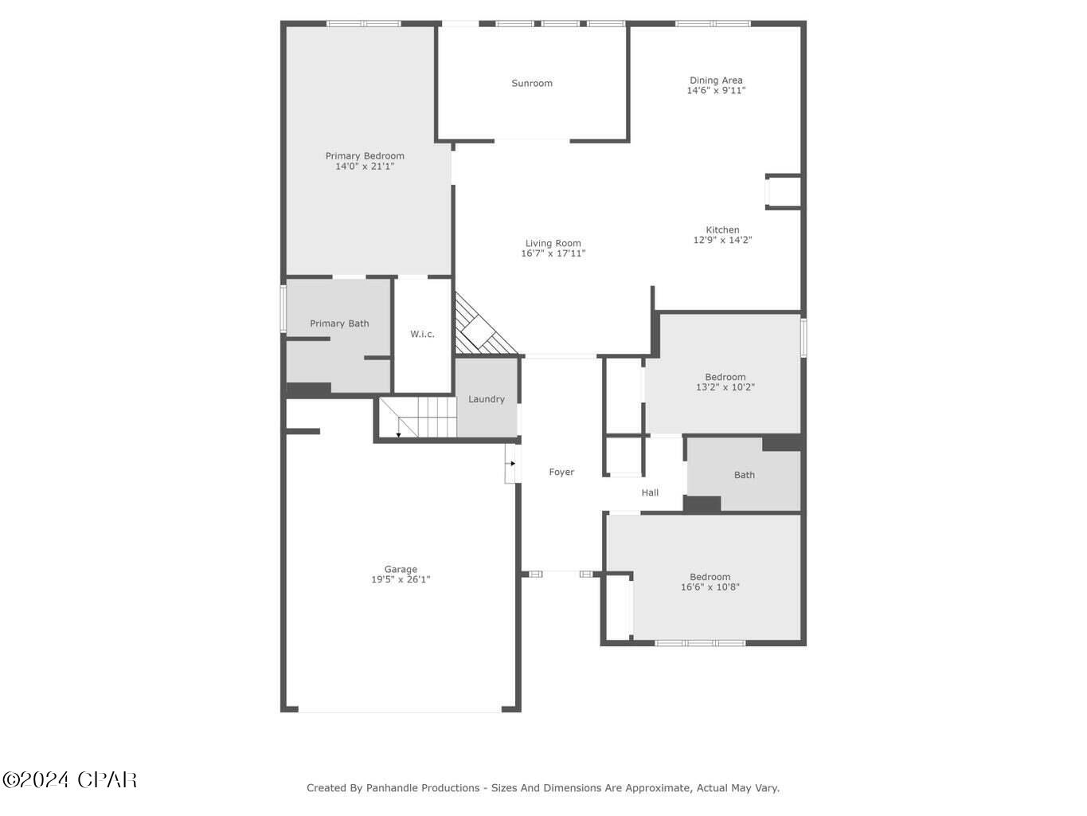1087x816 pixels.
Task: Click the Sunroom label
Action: pyautogui.click(x=531, y=83)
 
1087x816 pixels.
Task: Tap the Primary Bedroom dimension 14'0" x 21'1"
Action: pyautogui.click(x=365, y=167)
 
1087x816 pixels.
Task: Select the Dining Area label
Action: pyautogui.click(x=716, y=80)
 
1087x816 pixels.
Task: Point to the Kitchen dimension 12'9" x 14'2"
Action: pyautogui.click(x=722, y=240)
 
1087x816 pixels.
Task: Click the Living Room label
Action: pyautogui.click(x=553, y=243)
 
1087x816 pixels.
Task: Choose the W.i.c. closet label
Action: pyautogui.click(x=422, y=334)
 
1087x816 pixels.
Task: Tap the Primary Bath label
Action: pyautogui.click(x=339, y=324)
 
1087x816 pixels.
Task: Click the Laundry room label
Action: pyautogui.click(x=486, y=399)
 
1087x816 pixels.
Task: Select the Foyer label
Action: pyautogui.click(x=561, y=472)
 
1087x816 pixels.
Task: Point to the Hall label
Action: pyautogui.click(x=650, y=492)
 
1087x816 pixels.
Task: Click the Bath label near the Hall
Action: pyautogui.click(x=744, y=475)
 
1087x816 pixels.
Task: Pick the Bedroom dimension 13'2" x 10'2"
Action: pyautogui.click(x=725, y=387)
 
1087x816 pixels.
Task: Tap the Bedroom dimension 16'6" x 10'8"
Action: pyautogui.click(x=710, y=587)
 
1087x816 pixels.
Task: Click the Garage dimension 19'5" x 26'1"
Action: pyautogui.click(x=401, y=579)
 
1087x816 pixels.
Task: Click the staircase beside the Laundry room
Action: pyautogui.click(x=418, y=417)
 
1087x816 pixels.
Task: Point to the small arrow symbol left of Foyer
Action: pyautogui.click(x=512, y=463)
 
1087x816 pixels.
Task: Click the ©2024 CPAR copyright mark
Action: pyautogui.click(x=69, y=779)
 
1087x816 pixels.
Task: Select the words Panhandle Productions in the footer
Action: pyautogui.click(x=423, y=788)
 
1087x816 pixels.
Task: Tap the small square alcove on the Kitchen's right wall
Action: pyautogui.click(x=783, y=192)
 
